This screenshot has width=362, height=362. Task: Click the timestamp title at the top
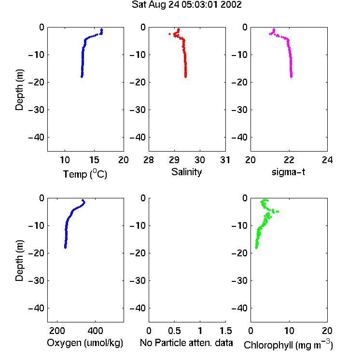point(186,5)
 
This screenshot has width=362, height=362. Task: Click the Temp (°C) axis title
point(85,174)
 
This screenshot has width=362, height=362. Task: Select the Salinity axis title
point(186,172)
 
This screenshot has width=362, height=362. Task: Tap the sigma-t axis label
point(288,172)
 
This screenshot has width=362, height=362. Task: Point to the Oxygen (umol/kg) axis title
point(85,343)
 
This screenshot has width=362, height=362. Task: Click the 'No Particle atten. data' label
point(186,343)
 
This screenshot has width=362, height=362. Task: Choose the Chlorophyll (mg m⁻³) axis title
point(288,345)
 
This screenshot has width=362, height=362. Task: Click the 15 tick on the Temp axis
point(94,160)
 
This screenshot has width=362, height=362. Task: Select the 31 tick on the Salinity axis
point(225,160)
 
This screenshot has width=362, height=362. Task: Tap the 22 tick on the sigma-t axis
point(289,160)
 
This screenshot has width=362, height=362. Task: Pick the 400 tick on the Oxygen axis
point(96,331)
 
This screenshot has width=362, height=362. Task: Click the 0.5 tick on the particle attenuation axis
point(174,331)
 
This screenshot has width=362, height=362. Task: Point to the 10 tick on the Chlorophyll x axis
point(289,331)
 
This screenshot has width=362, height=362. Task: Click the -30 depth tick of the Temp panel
point(36,110)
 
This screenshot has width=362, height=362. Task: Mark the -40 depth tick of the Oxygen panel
point(36,308)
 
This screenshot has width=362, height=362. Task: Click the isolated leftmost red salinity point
point(170,34)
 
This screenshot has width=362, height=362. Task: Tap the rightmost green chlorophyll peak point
point(278,211)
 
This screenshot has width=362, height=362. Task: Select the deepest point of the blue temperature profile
point(82,76)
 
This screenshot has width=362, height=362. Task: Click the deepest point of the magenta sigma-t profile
point(292,76)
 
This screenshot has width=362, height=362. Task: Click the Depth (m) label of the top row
point(19,90)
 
